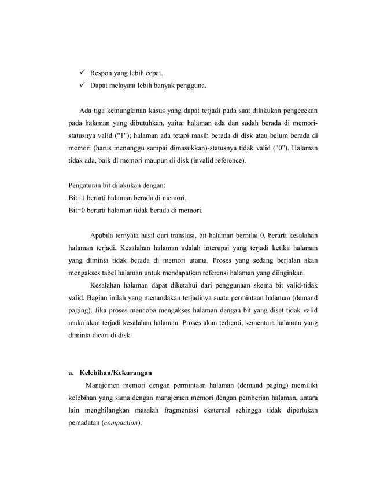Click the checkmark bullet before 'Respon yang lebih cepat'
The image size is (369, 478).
[75, 73]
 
